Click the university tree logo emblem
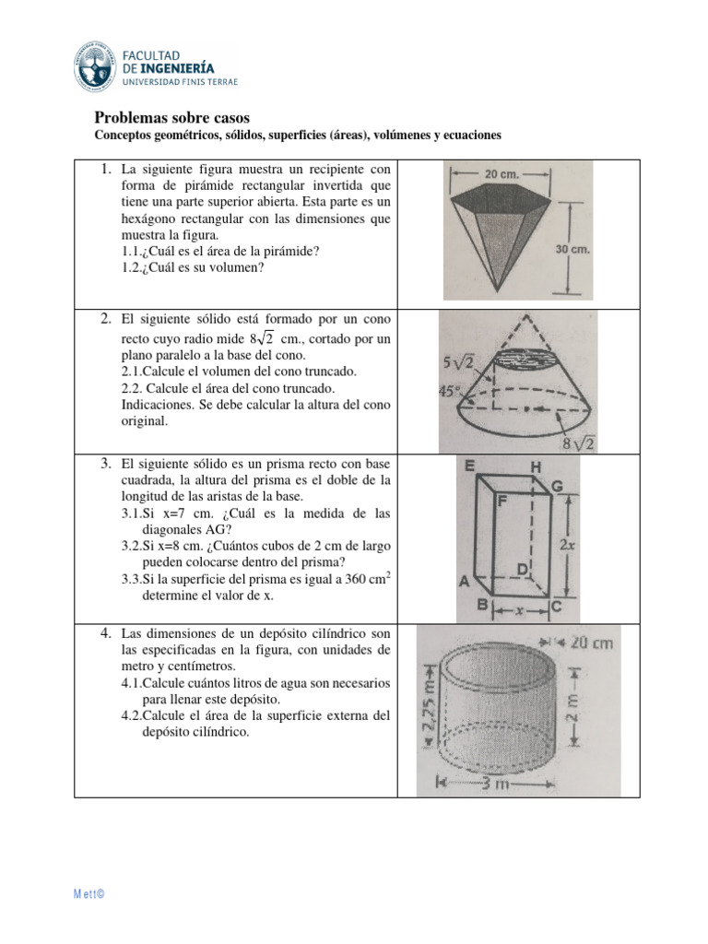click(x=96, y=65)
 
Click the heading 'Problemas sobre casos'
click(x=172, y=118)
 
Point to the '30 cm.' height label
click(x=572, y=249)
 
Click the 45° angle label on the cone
click(x=450, y=390)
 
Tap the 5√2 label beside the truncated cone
click(x=458, y=362)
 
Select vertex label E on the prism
click(x=469, y=467)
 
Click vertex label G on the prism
click(x=557, y=486)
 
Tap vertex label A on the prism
click(x=466, y=582)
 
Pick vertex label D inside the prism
click(x=521, y=571)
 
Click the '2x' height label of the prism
click(x=569, y=544)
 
